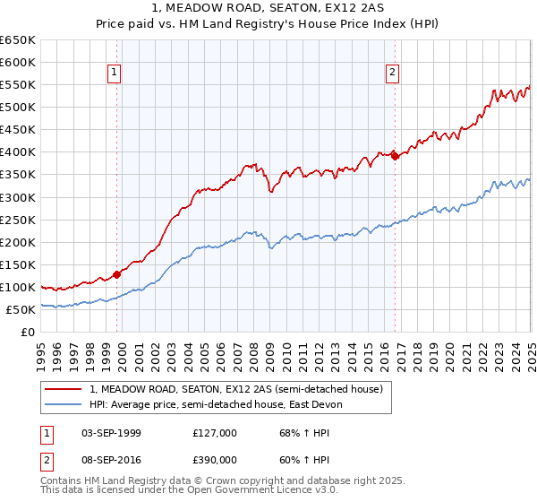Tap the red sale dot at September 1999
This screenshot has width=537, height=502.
[117, 275]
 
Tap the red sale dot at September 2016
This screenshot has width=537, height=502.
[396, 156]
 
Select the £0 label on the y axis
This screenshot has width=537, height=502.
[28, 333]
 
